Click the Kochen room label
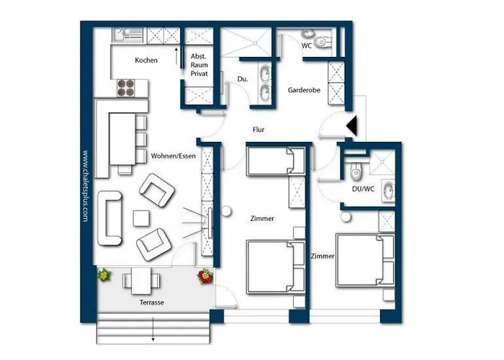point(146,60)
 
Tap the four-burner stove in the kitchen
point(126,88)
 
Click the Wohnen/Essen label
point(174,156)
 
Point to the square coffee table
point(141,218)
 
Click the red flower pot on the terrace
point(205,276)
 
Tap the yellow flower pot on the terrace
point(104,275)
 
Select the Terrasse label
point(152,302)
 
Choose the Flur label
point(258,130)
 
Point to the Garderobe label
point(304,90)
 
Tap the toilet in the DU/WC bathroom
point(356,171)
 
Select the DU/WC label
point(363,189)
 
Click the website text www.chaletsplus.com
point(85,186)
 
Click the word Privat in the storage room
point(199,73)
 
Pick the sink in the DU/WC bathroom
point(388,191)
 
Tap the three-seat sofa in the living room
point(109,218)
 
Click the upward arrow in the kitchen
point(176,56)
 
